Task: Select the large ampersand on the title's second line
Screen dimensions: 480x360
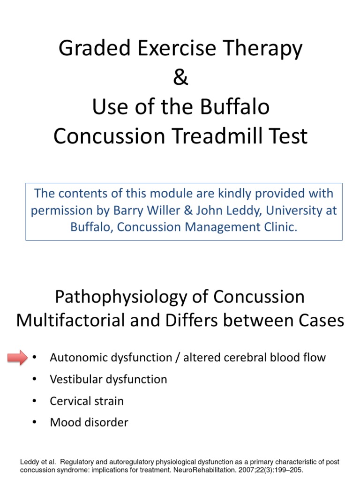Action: [180, 78]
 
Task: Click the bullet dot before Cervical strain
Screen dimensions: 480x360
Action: [35, 401]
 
